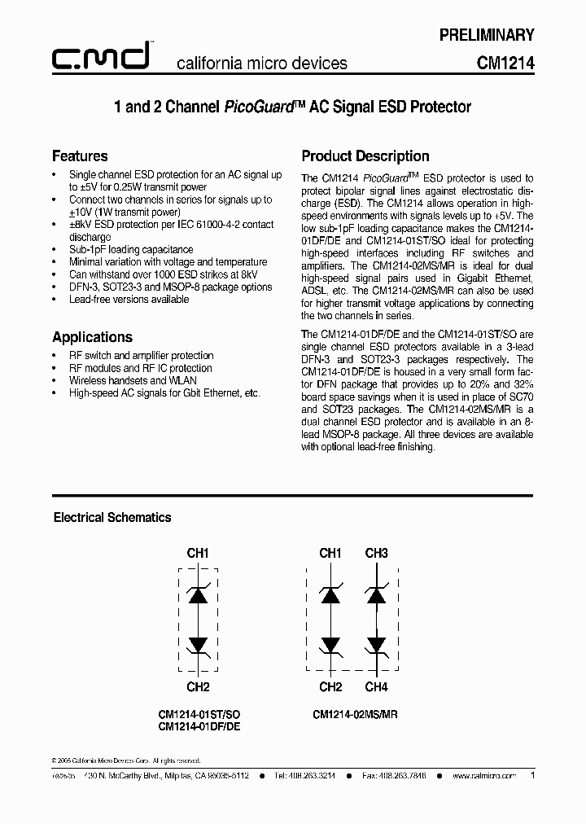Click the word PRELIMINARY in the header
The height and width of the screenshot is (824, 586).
tap(487, 35)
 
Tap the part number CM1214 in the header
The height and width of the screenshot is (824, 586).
tap(505, 63)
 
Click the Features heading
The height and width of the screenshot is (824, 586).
tap(80, 156)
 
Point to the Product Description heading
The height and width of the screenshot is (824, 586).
tap(365, 156)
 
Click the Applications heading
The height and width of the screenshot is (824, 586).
tap(92, 337)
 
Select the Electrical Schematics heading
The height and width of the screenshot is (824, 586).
tap(112, 517)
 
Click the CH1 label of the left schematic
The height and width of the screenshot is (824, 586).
tap(198, 554)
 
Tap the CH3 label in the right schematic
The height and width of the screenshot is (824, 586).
tap(376, 554)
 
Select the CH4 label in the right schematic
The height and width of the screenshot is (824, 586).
tap(376, 687)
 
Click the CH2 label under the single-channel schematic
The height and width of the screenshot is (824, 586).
tap(198, 687)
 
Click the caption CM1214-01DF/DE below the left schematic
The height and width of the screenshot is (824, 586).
tap(199, 726)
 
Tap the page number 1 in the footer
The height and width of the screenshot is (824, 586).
tap(532, 776)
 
